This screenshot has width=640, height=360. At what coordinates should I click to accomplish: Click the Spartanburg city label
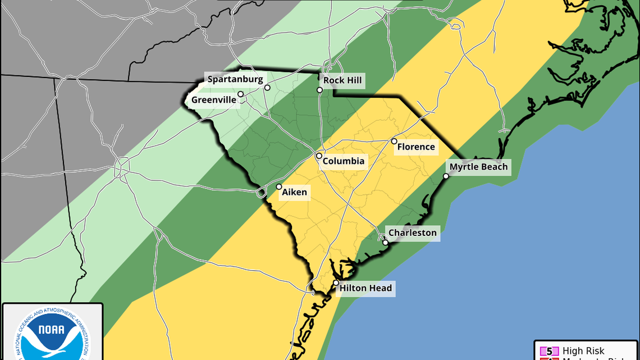(x=235, y=79)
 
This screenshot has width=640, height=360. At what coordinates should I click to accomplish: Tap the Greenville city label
(x=213, y=101)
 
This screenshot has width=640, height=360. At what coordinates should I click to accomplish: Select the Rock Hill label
(x=342, y=80)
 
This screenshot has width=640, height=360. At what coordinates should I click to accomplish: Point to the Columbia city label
(x=343, y=161)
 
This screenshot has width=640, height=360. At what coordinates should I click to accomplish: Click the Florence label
(x=416, y=147)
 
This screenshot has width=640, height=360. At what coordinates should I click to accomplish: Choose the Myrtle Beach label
(x=478, y=167)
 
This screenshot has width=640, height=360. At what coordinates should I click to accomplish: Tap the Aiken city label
(x=294, y=192)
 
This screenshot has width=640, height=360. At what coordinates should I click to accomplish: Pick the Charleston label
(x=412, y=233)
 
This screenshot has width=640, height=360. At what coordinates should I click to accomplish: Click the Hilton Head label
(x=365, y=289)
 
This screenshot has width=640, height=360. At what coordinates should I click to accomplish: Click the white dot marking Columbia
(x=319, y=156)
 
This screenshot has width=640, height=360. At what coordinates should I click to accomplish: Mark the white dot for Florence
(x=394, y=142)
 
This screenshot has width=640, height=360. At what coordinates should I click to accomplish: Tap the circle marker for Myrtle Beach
(x=446, y=176)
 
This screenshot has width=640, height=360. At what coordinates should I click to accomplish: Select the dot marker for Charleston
(x=385, y=243)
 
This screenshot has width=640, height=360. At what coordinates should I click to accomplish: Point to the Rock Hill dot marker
(x=319, y=90)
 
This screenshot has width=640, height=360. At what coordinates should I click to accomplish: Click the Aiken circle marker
(x=279, y=187)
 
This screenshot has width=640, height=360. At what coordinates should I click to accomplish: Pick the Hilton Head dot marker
(x=336, y=283)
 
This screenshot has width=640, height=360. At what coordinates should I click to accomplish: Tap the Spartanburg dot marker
(x=267, y=88)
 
